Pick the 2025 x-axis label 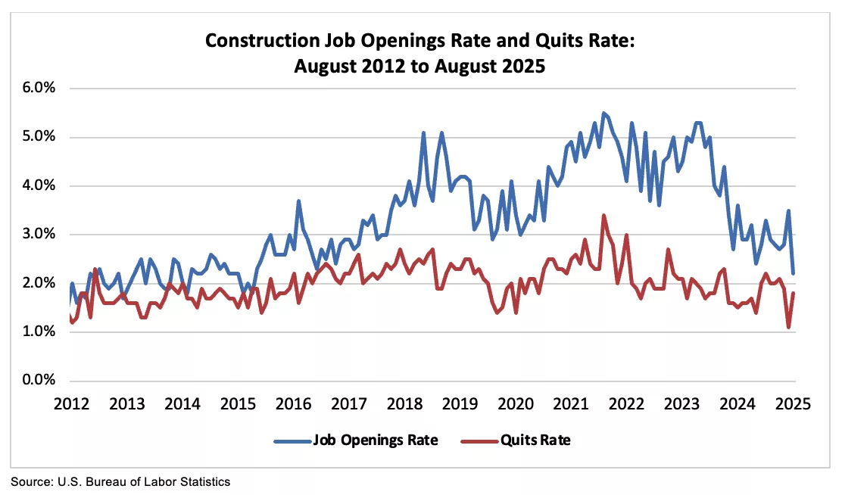coord(794,403)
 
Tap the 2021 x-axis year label coord(571,403)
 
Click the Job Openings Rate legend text coord(375,441)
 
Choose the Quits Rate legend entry coord(535,441)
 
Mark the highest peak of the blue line coord(603,114)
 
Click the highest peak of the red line coord(603,216)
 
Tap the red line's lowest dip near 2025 coord(788,327)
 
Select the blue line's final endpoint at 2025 coord(793,273)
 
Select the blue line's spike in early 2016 coord(299,201)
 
